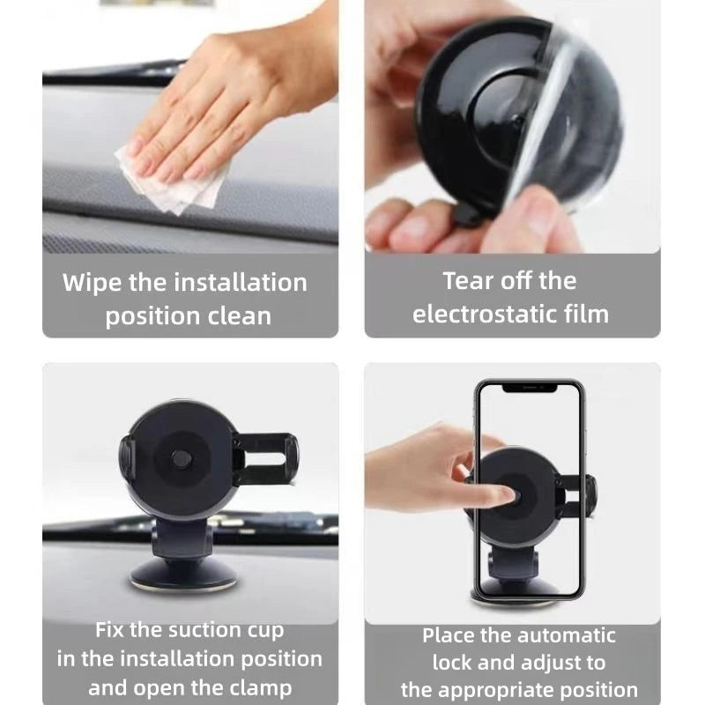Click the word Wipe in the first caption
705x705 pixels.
pyautogui.click(x=92, y=283)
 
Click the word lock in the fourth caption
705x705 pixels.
pyautogui.click(x=453, y=662)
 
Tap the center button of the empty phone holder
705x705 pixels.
pyautogui.click(x=182, y=459)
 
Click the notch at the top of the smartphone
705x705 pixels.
pyautogui.click(x=529, y=387)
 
